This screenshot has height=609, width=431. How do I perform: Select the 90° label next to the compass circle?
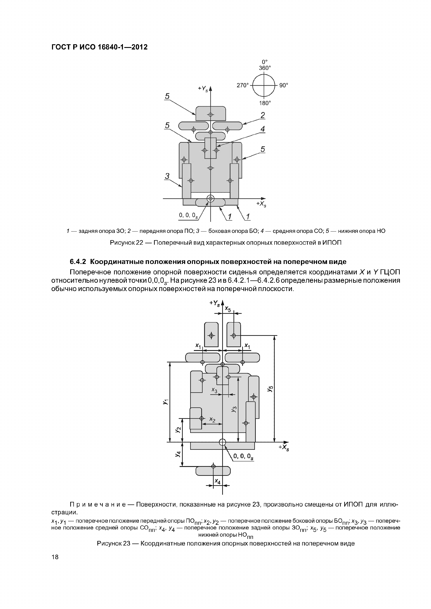pos(284,85)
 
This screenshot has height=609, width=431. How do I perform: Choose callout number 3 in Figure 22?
pos(167,176)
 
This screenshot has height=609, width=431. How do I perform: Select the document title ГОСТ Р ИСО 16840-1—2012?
pos(99,47)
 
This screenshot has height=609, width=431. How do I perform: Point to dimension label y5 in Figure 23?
pos(270,389)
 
